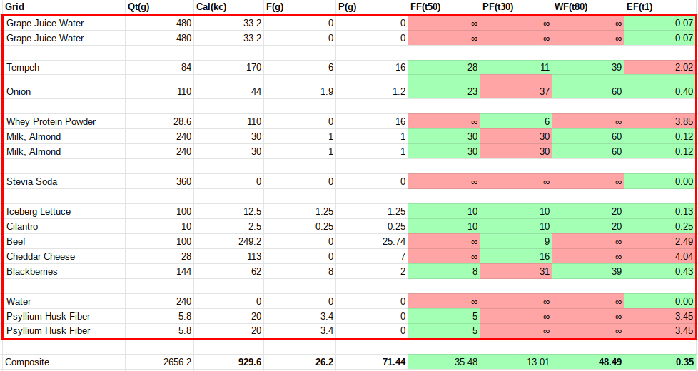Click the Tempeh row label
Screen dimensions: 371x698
pos(23,68)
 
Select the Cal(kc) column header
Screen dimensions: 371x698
pos(213,7)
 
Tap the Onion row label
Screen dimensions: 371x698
pos(19,91)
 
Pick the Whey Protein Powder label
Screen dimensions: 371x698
pos(51,121)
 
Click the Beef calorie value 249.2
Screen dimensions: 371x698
pos(248,241)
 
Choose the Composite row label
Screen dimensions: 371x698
pos(28,362)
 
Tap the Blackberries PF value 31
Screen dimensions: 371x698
pos(545,271)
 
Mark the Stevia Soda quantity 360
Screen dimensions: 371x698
pos(183,181)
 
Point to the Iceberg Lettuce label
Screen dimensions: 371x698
pos(39,211)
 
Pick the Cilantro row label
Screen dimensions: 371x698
pos(22,226)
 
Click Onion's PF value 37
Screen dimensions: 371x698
pos(545,91)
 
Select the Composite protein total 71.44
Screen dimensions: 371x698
pos(393,362)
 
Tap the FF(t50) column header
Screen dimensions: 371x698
pos(428,7)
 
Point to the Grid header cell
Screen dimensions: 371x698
pos(15,7)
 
